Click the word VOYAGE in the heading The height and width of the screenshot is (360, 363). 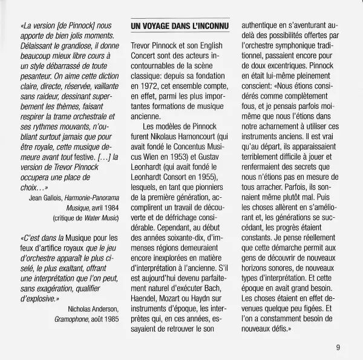[x=158, y=27]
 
